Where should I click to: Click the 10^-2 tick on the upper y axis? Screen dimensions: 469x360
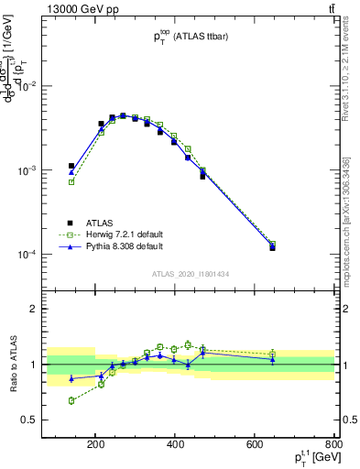(48, 86)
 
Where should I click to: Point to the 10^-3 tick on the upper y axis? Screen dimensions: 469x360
(48, 171)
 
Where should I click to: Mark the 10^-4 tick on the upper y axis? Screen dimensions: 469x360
(48, 256)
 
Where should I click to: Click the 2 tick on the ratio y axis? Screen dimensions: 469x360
(56, 309)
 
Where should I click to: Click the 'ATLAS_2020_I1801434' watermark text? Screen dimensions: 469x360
(190, 273)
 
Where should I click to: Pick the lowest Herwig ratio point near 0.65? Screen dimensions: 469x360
(71, 400)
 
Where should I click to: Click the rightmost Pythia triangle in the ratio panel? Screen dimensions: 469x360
(273, 360)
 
